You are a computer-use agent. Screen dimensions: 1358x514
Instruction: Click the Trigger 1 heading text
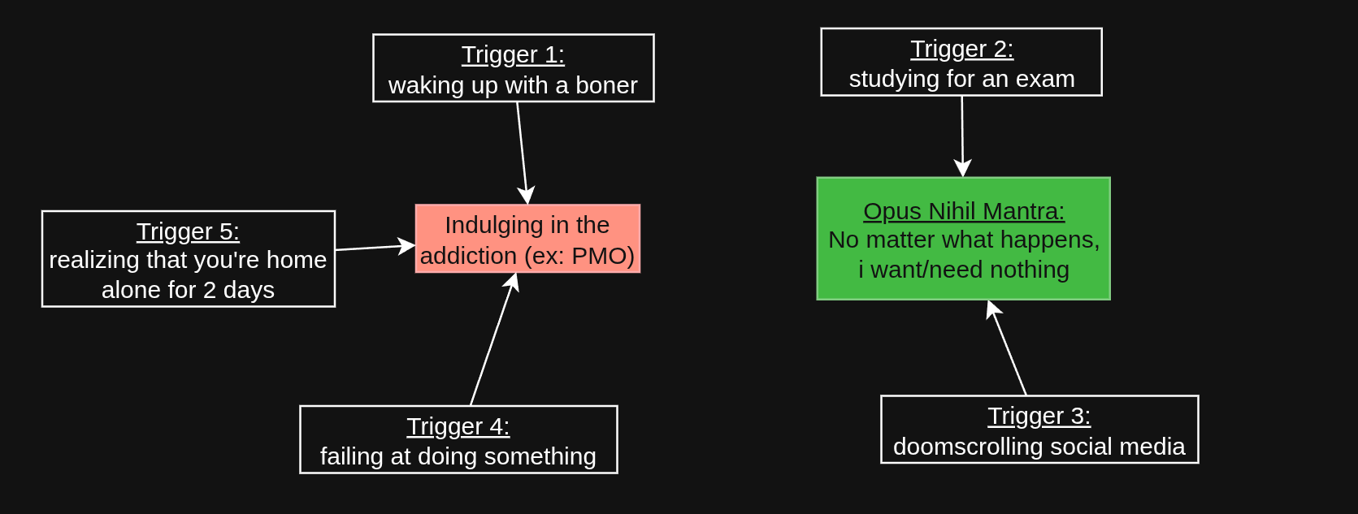[513, 55]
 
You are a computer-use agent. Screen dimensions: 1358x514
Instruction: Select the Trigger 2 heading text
[961, 49]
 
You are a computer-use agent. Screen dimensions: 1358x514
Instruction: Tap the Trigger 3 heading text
[1039, 417]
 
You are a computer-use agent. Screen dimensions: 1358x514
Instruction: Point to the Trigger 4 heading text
[458, 427]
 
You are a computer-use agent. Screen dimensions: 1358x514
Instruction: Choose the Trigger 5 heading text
[188, 232]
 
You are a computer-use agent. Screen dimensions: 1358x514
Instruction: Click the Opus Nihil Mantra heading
[964, 211]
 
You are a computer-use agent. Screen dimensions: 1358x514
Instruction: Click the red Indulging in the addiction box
[527, 239]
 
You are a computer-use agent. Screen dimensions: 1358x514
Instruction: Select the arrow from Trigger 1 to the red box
[523, 153]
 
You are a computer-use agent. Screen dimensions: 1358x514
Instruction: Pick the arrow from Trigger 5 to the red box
[375, 247]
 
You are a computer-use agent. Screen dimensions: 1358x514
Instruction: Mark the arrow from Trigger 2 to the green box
[962, 136]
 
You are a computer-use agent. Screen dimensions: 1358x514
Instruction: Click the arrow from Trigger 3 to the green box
[1006, 348]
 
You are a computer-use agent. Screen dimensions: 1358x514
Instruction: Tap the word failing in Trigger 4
[353, 456]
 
